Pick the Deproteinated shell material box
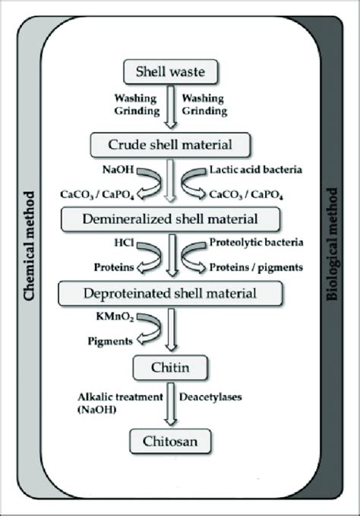180,291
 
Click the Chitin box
180,369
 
